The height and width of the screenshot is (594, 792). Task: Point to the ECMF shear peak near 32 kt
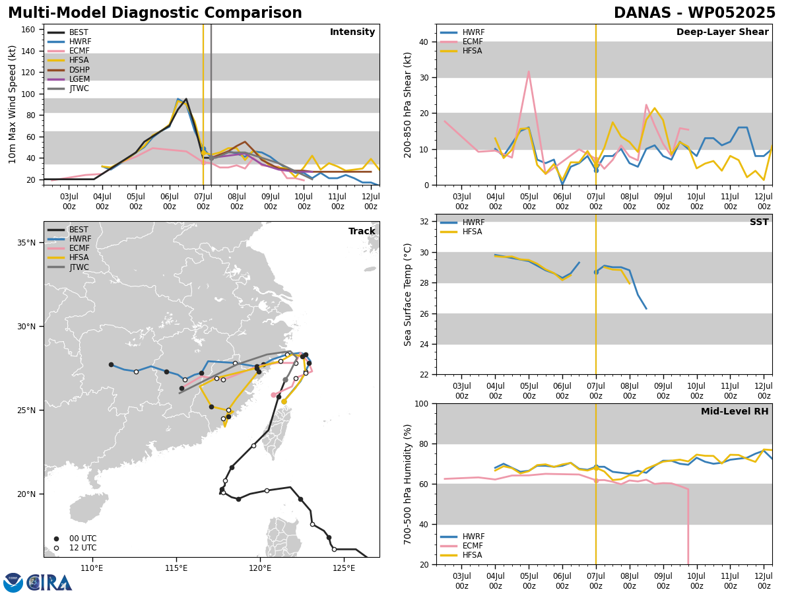pos(529,71)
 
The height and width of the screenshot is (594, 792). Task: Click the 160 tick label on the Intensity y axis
pos(28,30)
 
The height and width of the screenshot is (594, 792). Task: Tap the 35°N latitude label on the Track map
pos(26,243)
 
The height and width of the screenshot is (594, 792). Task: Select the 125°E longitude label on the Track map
pos(344,569)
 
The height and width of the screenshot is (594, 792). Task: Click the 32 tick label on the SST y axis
pos(424,222)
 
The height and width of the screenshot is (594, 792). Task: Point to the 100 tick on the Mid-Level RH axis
pos(422,404)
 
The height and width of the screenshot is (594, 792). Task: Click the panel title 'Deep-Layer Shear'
pos(722,32)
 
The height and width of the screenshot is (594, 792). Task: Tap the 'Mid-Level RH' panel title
pos(735,411)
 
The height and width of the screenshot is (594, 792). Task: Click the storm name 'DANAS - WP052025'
pos(694,13)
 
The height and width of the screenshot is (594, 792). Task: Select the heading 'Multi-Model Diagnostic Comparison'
pos(155,13)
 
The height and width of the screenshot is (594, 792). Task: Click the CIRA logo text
pos(49,583)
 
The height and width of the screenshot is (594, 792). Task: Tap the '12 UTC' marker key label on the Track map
pos(83,548)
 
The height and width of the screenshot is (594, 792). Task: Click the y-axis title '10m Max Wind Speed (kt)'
pos(12,104)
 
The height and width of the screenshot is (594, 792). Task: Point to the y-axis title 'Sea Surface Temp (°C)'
pos(407,295)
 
